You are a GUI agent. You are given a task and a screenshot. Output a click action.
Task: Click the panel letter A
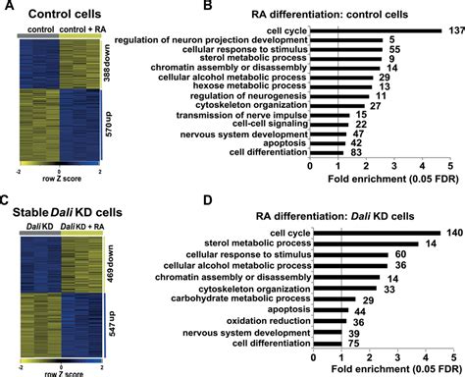tap(7, 10)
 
